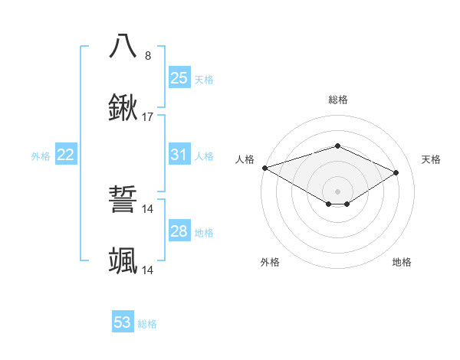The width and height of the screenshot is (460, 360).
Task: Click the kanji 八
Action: pos(123,46)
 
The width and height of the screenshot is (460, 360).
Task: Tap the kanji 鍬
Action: pos(123,108)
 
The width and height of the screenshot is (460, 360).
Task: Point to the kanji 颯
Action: pos(123,261)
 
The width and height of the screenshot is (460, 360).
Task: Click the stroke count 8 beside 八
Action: pos(148,56)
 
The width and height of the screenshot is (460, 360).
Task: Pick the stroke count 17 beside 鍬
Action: pos(149,117)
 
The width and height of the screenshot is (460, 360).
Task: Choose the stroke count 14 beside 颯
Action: pos(149,270)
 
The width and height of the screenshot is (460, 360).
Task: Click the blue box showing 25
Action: pos(179,77)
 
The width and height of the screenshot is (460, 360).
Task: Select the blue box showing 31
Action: pos(179,155)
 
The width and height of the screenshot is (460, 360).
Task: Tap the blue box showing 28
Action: pos(179,231)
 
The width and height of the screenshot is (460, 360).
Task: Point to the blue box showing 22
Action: pos(66,155)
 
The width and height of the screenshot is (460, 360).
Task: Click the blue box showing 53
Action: pos(123,322)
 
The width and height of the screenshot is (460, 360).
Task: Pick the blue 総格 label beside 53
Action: pos(148,324)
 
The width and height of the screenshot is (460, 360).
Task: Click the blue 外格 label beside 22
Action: pos(41,156)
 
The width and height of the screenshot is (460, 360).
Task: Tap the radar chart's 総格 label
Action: pos(337,100)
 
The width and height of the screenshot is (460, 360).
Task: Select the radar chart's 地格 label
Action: pos(402,262)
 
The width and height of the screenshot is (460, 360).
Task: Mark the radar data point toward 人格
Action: pos(264,167)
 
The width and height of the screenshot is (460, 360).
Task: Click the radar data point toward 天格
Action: pos(396,172)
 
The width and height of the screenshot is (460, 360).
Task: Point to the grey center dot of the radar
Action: pos(337,191)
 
